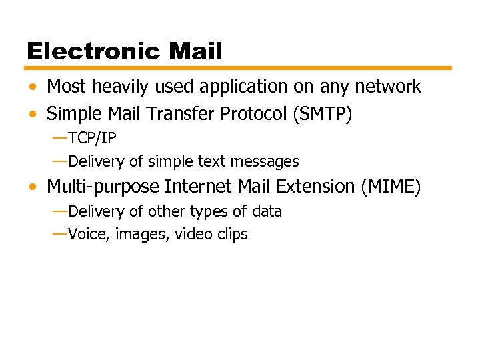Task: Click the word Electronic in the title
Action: coord(93,51)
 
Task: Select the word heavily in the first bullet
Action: coord(107,87)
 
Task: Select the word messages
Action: coord(270,161)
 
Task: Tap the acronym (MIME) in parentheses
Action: coord(391,187)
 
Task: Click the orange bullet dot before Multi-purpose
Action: coord(33,187)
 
